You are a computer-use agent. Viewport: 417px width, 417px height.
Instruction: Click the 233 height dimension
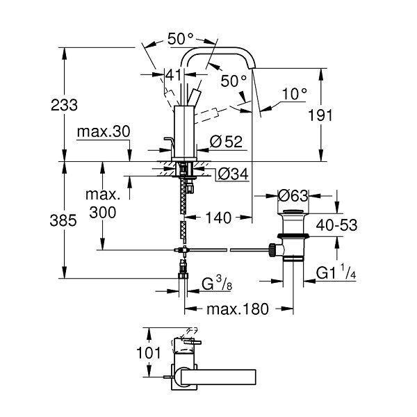coord(64,105)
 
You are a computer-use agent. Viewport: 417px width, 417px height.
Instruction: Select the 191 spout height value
coord(320,115)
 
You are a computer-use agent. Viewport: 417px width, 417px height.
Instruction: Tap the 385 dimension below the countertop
coord(63,220)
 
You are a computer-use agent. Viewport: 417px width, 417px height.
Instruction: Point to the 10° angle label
coord(294,94)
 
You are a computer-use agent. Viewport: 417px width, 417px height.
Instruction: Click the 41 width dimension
coord(174,75)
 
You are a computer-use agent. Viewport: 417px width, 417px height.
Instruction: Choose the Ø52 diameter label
coord(226,142)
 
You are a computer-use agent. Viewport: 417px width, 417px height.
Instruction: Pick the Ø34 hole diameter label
coord(233,174)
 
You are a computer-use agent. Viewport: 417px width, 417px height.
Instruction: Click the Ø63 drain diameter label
coord(293,196)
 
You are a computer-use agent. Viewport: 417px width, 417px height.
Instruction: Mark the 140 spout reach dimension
coord(219,218)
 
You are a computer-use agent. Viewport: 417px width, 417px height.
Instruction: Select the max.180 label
coord(238,309)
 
